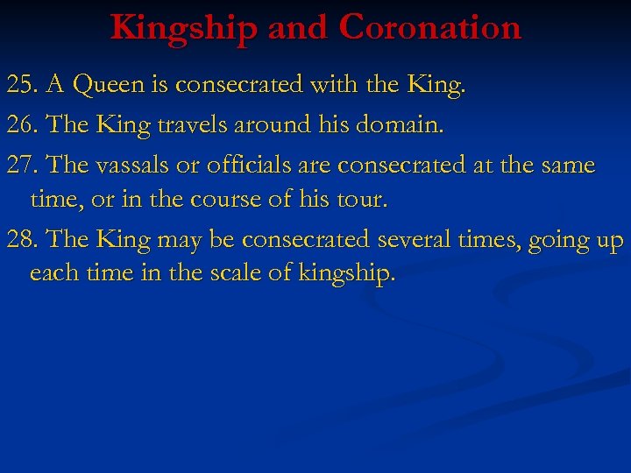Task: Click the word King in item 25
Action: click(x=435, y=85)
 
